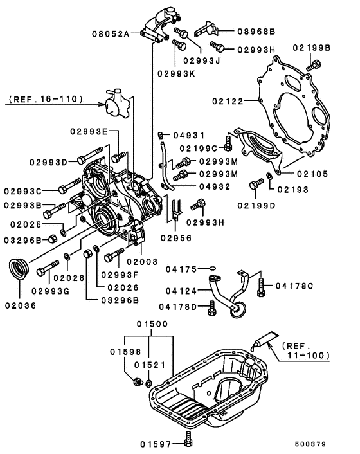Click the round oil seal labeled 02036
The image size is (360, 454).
(19, 268)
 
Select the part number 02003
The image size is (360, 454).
(143, 262)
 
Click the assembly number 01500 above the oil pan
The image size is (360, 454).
(152, 325)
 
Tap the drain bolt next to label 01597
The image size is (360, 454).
(186, 439)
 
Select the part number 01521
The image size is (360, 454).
(149, 364)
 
